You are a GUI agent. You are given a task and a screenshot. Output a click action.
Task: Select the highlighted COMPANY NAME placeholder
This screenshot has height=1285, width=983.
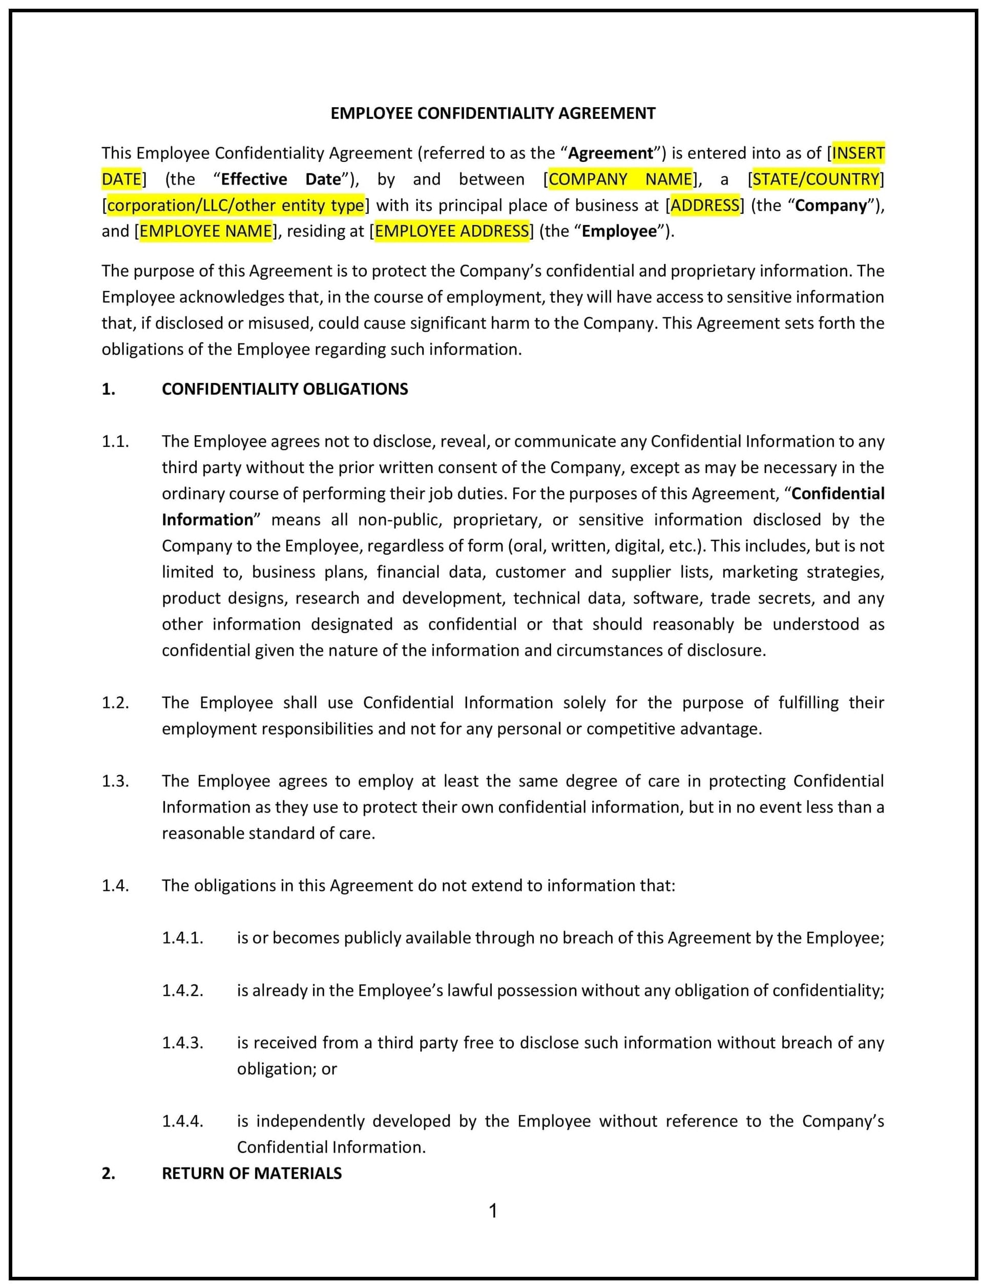point(620,179)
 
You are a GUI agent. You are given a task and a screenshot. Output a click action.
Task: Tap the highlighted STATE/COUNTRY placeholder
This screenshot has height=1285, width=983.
point(815,179)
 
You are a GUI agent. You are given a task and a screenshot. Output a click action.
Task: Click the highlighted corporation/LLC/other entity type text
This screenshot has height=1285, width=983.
point(236,206)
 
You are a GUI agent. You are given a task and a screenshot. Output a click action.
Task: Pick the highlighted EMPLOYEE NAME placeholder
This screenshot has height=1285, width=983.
point(206,231)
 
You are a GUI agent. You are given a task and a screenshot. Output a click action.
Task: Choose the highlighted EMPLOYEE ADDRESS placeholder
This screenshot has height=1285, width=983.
point(452,231)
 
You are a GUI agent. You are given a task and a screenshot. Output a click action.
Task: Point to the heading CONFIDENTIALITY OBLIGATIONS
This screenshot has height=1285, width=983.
point(285,390)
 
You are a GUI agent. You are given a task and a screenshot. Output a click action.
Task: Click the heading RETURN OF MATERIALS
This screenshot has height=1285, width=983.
point(252,1173)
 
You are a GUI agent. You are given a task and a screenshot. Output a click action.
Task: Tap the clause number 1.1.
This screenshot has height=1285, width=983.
point(115,441)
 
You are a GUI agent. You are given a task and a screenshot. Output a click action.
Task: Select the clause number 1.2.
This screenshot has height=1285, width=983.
point(115,703)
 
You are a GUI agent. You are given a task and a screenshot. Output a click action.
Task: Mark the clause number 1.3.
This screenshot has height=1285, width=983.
point(115,781)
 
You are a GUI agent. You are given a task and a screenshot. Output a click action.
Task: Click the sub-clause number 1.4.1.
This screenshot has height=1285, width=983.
point(182,938)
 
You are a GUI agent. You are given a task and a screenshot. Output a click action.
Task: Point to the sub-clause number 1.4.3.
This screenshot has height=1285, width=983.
point(182,1043)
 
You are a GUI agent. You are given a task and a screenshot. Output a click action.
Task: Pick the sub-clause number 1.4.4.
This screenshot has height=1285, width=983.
point(182,1121)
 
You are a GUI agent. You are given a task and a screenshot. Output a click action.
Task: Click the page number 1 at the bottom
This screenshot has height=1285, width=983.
point(493,1211)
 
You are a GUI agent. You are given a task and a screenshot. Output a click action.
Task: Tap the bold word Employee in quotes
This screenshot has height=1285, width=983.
point(619,231)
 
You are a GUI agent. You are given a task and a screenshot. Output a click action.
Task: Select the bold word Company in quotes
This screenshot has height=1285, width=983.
point(831,206)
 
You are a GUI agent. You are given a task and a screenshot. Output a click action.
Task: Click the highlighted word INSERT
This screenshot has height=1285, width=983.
point(858,153)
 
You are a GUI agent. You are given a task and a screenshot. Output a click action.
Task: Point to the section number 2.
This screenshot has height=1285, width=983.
point(108,1173)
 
